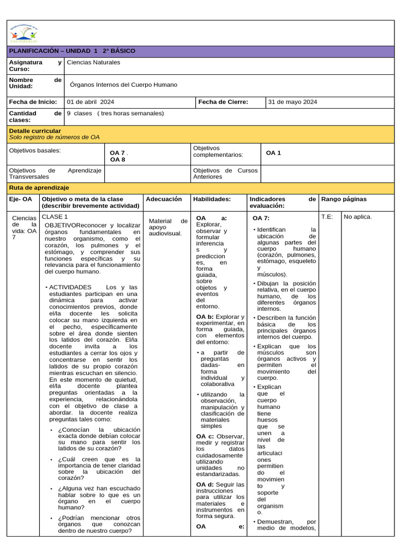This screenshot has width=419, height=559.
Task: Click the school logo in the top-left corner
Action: pyautogui.click(x=23, y=34)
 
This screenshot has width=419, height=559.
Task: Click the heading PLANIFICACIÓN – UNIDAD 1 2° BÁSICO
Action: pyautogui.click(x=72, y=51)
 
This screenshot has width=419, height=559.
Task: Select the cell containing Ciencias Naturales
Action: pyautogui.click(x=93, y=62)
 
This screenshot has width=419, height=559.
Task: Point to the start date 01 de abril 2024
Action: pyautogui.click(x=91, y=102)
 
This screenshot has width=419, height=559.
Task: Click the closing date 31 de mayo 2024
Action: pyautogui.click(x=292, y=102)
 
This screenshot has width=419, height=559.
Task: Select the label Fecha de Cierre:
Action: pyautogui.click(x=223, y=102)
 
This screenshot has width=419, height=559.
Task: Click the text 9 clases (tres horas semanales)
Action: pyautogui.click(x=115, y=113)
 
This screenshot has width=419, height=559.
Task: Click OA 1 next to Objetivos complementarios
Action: pyautogui.click(x=273, y=153)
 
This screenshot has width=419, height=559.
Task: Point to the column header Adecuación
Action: pyautogui.click(x=164, y=199)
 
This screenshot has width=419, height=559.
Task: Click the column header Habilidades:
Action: pyautogui.click(x=212, y=199)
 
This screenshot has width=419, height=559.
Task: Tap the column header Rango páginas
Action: pyautogui.click(x=344, y=199)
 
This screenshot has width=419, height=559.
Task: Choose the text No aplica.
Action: pyautogui.click(x=358, y=217)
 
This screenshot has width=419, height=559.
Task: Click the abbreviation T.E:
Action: pyautogui.click(x=327, y=217)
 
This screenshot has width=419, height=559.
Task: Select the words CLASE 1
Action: pyautogui.click(x=55, y=217)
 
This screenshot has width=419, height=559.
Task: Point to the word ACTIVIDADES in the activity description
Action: pyautogui.click(x=70, y=287)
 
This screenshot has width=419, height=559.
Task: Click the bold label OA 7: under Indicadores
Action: pyautogui.click(x=261, y=218)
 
